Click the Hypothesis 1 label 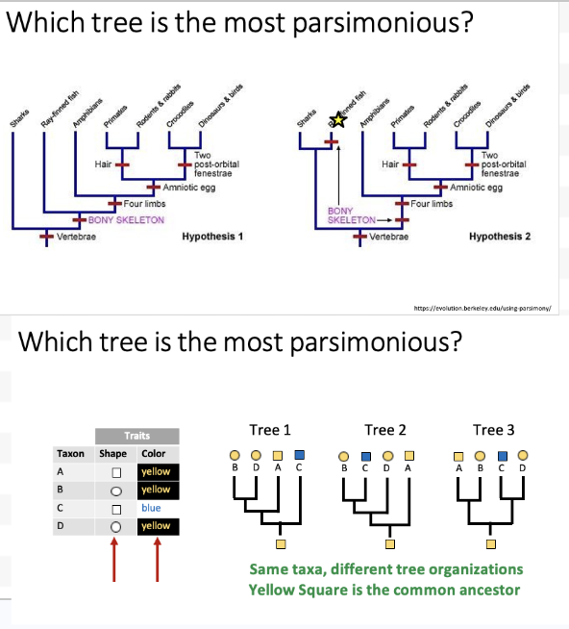(211, 236)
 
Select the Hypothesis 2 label (499, 236)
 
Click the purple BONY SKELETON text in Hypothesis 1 (125, 220)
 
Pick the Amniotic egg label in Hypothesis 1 (188, 187)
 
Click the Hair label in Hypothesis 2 (390, 164)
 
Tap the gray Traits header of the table (135, 436)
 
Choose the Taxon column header (70, 453)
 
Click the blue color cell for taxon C (151, 508)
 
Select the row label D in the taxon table (62, 526)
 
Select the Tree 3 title (493, 430)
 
